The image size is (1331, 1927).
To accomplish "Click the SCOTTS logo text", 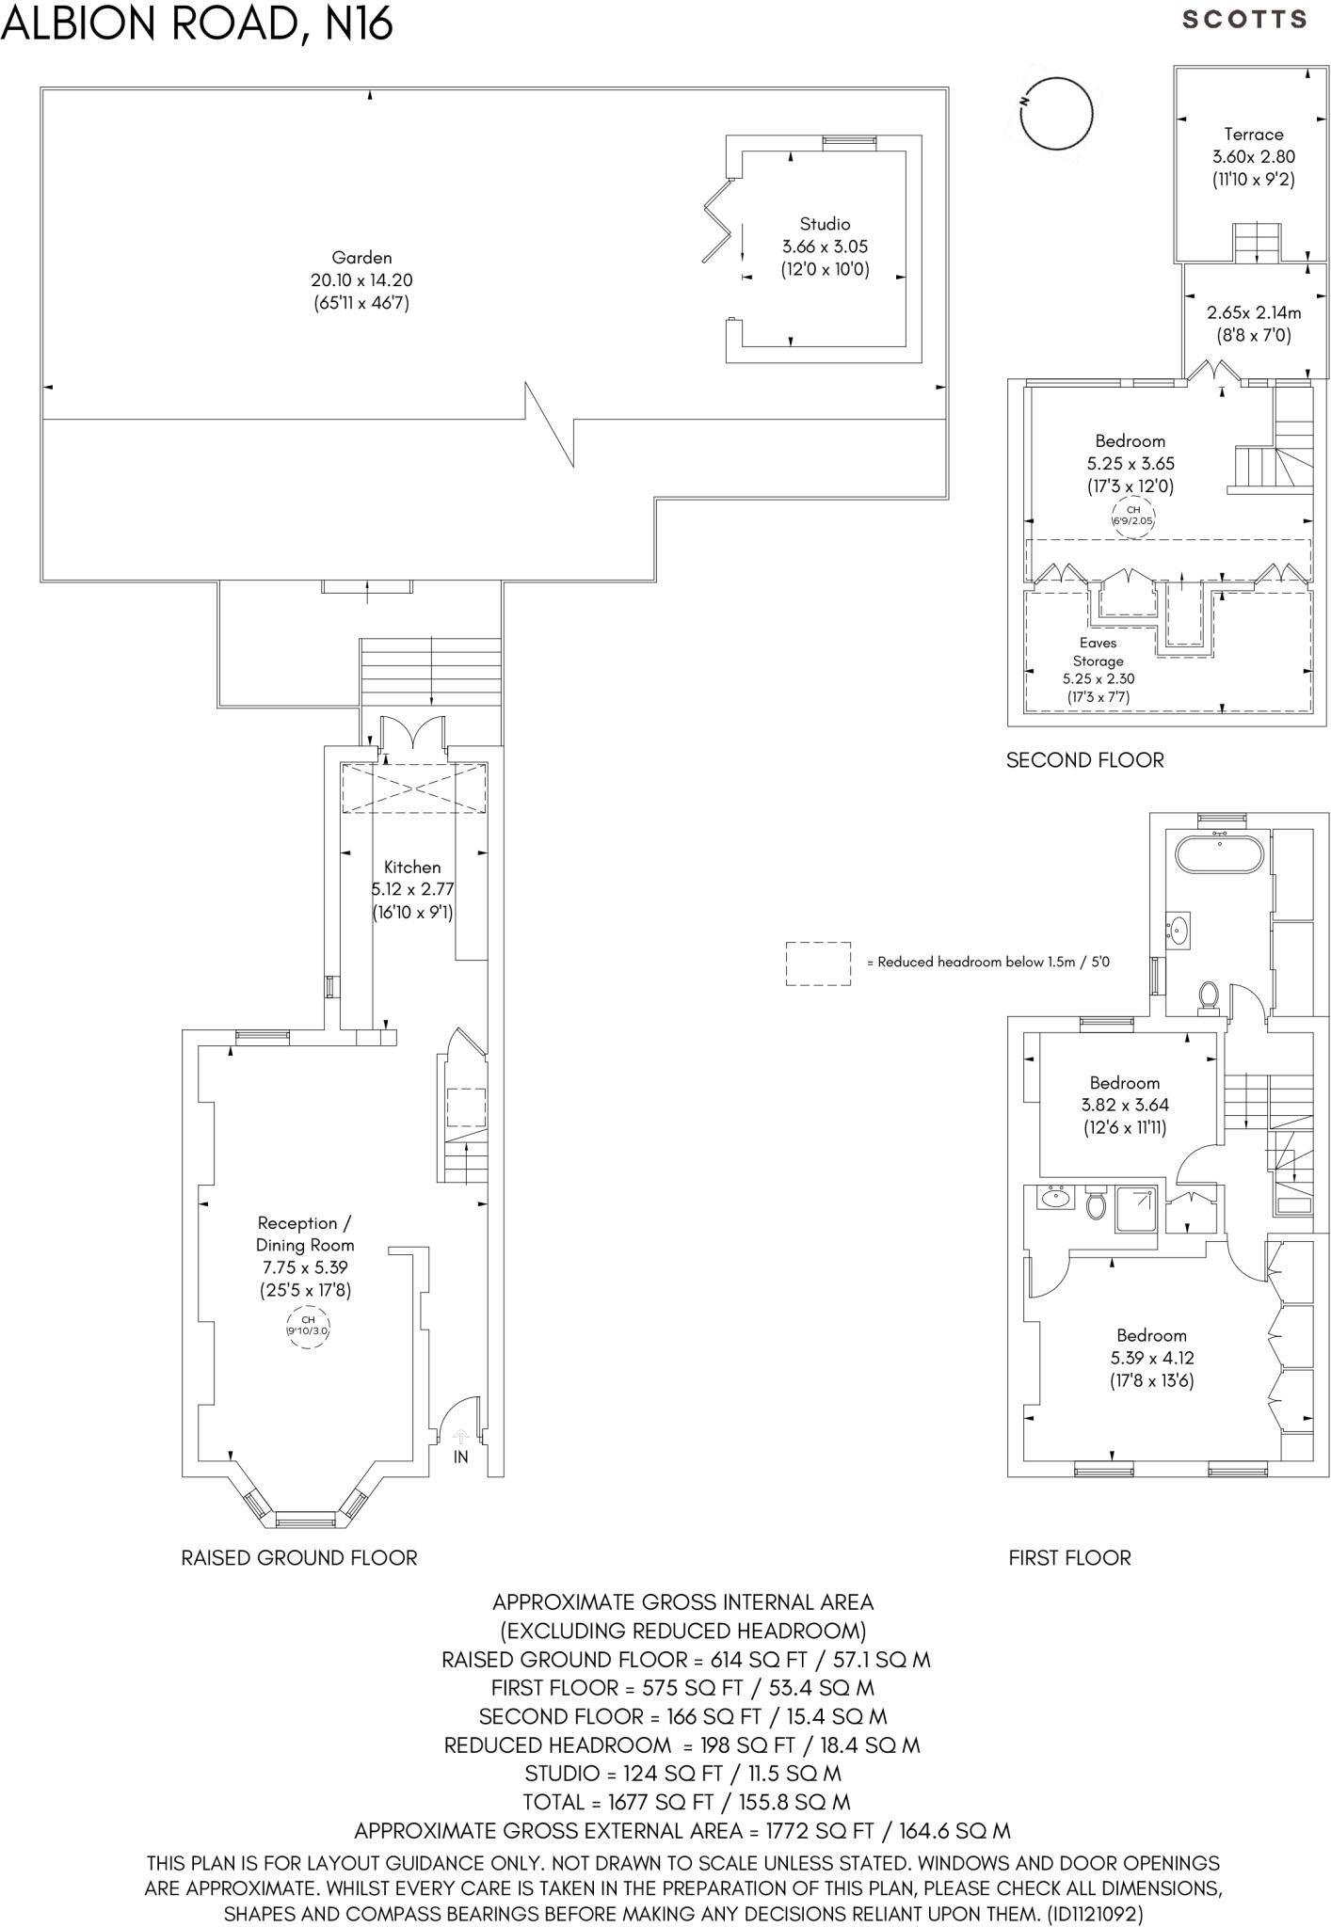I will click(x=1244, y=20).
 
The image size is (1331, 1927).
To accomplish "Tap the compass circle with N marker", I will click(x=1056, y=114).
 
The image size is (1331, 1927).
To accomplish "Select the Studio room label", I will click(x=825, y=224).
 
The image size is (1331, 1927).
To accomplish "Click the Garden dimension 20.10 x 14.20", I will click(x=361, y=280).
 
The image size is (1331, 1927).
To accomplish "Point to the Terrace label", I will click(x=1253, y=135).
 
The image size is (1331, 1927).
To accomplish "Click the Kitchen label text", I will click(x=412, y=868).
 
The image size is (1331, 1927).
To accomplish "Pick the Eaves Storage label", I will click(x=1098, y=652).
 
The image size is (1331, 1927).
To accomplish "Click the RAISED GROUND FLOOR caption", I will click(x=299, y=1558).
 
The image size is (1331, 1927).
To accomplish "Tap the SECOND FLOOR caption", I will click(x=1084, y=760).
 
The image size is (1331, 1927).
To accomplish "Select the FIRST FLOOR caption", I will click(x=1069, y=1558).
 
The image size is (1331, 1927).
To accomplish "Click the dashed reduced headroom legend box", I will click(x=818, y=963).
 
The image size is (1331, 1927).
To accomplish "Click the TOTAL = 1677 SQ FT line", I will click(x=686, y=1802).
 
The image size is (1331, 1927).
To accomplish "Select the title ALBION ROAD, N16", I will click(x=196, y=24).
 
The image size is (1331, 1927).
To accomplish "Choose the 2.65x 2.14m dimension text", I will click(x=1254, y=313).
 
